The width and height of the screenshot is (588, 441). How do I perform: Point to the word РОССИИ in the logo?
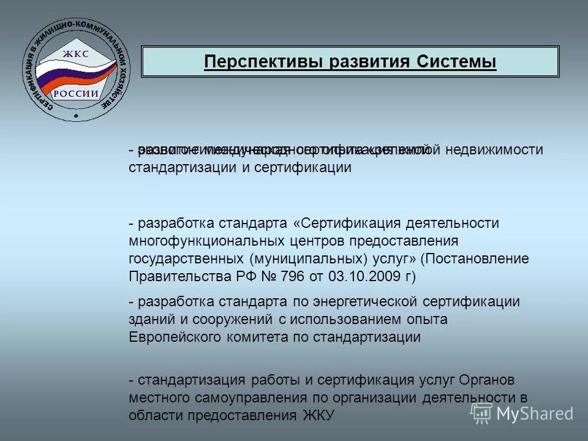(75, 93)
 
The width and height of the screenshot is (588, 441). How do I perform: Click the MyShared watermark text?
(535, 413)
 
